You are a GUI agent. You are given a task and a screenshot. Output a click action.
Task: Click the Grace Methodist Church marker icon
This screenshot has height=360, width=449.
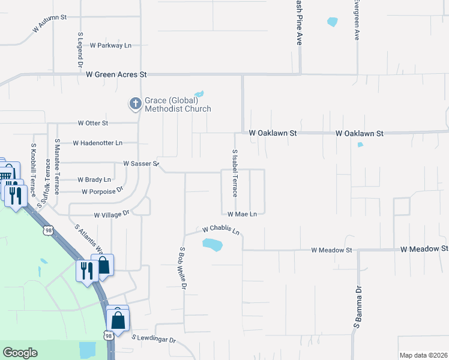[136, 104]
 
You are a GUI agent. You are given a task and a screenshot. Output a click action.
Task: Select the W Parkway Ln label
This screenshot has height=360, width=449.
[110, 45]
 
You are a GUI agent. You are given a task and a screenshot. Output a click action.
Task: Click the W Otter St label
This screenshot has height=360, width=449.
[93, 123]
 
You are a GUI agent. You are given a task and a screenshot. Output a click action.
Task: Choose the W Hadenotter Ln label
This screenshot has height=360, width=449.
[97, 143]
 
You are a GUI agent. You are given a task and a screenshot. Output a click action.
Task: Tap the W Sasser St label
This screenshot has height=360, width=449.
[140, 163]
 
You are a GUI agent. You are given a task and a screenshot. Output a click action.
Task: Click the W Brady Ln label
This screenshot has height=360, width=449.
[94, 179]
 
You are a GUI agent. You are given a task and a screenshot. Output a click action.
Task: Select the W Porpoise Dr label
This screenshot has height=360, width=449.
[102, 191]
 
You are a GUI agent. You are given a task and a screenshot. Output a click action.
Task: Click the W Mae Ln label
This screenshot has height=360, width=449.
[242, 214]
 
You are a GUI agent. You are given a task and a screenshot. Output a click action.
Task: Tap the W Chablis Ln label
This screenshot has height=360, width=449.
[221, 230]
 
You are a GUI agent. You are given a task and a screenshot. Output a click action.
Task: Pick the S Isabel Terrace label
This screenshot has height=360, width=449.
[235, 173]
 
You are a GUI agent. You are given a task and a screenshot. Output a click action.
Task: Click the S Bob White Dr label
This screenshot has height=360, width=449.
[182, 268]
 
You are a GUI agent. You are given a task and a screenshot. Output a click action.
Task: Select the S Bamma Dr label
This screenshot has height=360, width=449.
[358, 308]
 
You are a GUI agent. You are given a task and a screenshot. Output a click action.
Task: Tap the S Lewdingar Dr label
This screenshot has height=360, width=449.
[154, 340]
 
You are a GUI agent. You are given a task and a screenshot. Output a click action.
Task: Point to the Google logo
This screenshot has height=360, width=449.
[20, 353]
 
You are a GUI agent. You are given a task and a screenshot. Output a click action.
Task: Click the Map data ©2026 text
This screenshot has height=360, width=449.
[423, 355]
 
